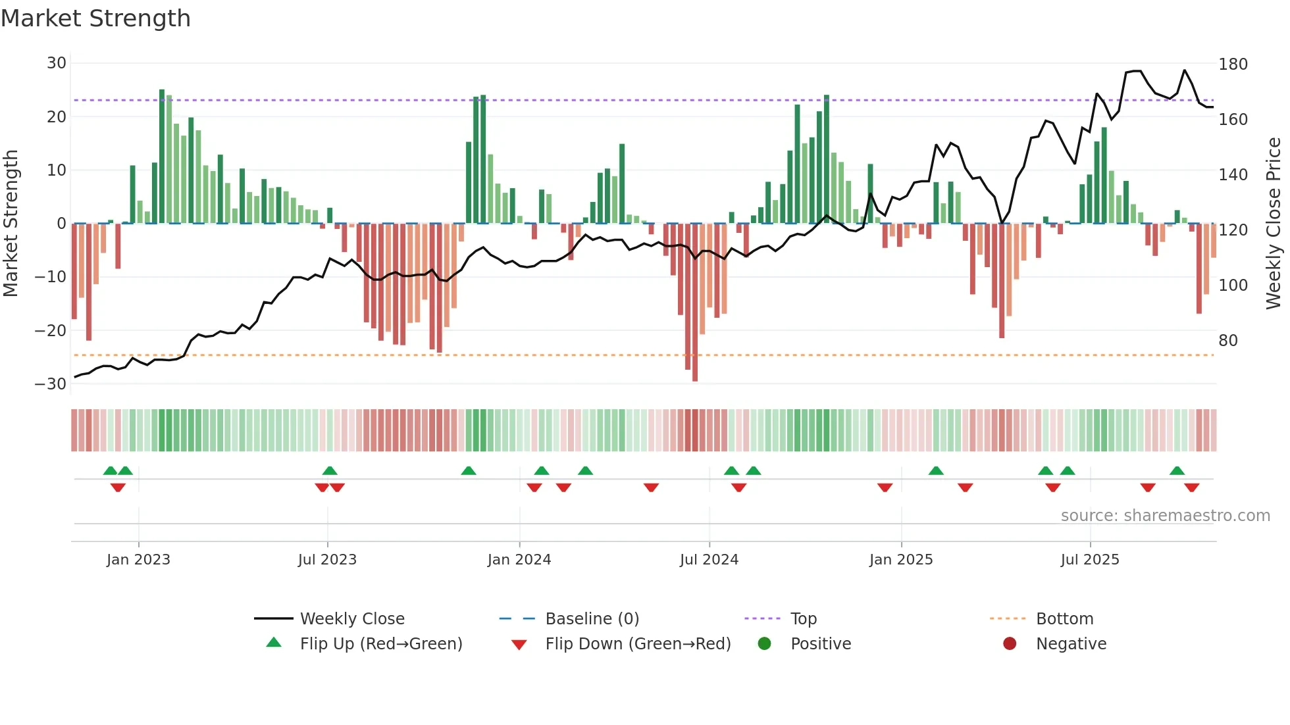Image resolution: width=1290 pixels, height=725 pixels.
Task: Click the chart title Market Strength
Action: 95,18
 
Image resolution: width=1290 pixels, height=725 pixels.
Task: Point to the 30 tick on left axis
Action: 57,63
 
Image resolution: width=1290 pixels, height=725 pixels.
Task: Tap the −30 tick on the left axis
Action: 51,384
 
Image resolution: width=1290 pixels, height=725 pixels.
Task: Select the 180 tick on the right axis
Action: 1233,64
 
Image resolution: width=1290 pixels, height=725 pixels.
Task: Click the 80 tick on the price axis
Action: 1228,341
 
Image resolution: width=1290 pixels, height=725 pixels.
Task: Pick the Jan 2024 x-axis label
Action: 519,560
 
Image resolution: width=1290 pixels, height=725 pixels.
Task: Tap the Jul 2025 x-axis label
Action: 1090,560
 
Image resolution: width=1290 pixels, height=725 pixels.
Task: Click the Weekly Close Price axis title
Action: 1274,224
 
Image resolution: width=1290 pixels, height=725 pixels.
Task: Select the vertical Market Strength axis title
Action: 11,224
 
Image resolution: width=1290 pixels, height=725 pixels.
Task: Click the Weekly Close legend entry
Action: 352,619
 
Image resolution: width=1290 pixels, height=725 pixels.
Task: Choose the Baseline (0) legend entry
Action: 592,619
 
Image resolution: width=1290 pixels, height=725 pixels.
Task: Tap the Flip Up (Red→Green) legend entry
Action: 381,644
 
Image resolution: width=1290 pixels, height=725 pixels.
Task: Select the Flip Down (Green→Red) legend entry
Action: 638,644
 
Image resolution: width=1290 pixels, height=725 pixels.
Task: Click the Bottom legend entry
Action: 1064,619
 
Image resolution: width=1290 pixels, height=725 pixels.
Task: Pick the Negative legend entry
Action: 1071,644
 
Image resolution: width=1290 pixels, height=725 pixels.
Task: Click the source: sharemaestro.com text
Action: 1165,516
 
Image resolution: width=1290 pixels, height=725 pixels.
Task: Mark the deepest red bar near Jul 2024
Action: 695,303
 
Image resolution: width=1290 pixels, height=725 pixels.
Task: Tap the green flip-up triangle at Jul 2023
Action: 330,471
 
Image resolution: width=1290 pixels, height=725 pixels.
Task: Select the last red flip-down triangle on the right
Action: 1191,488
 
